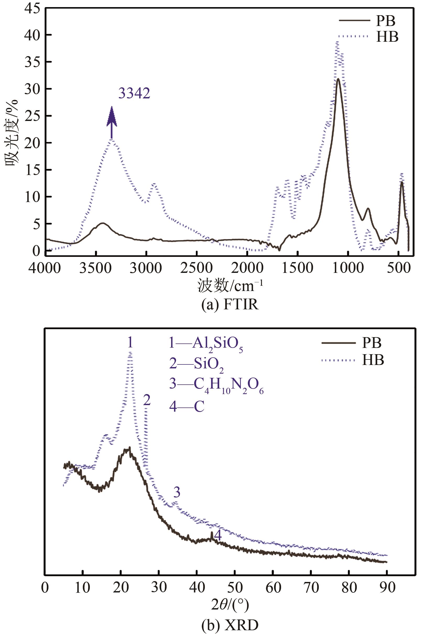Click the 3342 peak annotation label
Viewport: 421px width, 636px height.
tap(134, 94)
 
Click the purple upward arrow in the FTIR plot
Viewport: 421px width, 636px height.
tap(112, 122)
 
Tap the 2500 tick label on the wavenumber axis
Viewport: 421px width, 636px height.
tap(196, 268)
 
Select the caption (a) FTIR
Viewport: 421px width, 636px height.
tap(230, 305)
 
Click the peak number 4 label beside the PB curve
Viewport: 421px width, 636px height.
tap(218, 536)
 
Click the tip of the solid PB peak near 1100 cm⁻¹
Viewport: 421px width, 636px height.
tap(338, 79)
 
